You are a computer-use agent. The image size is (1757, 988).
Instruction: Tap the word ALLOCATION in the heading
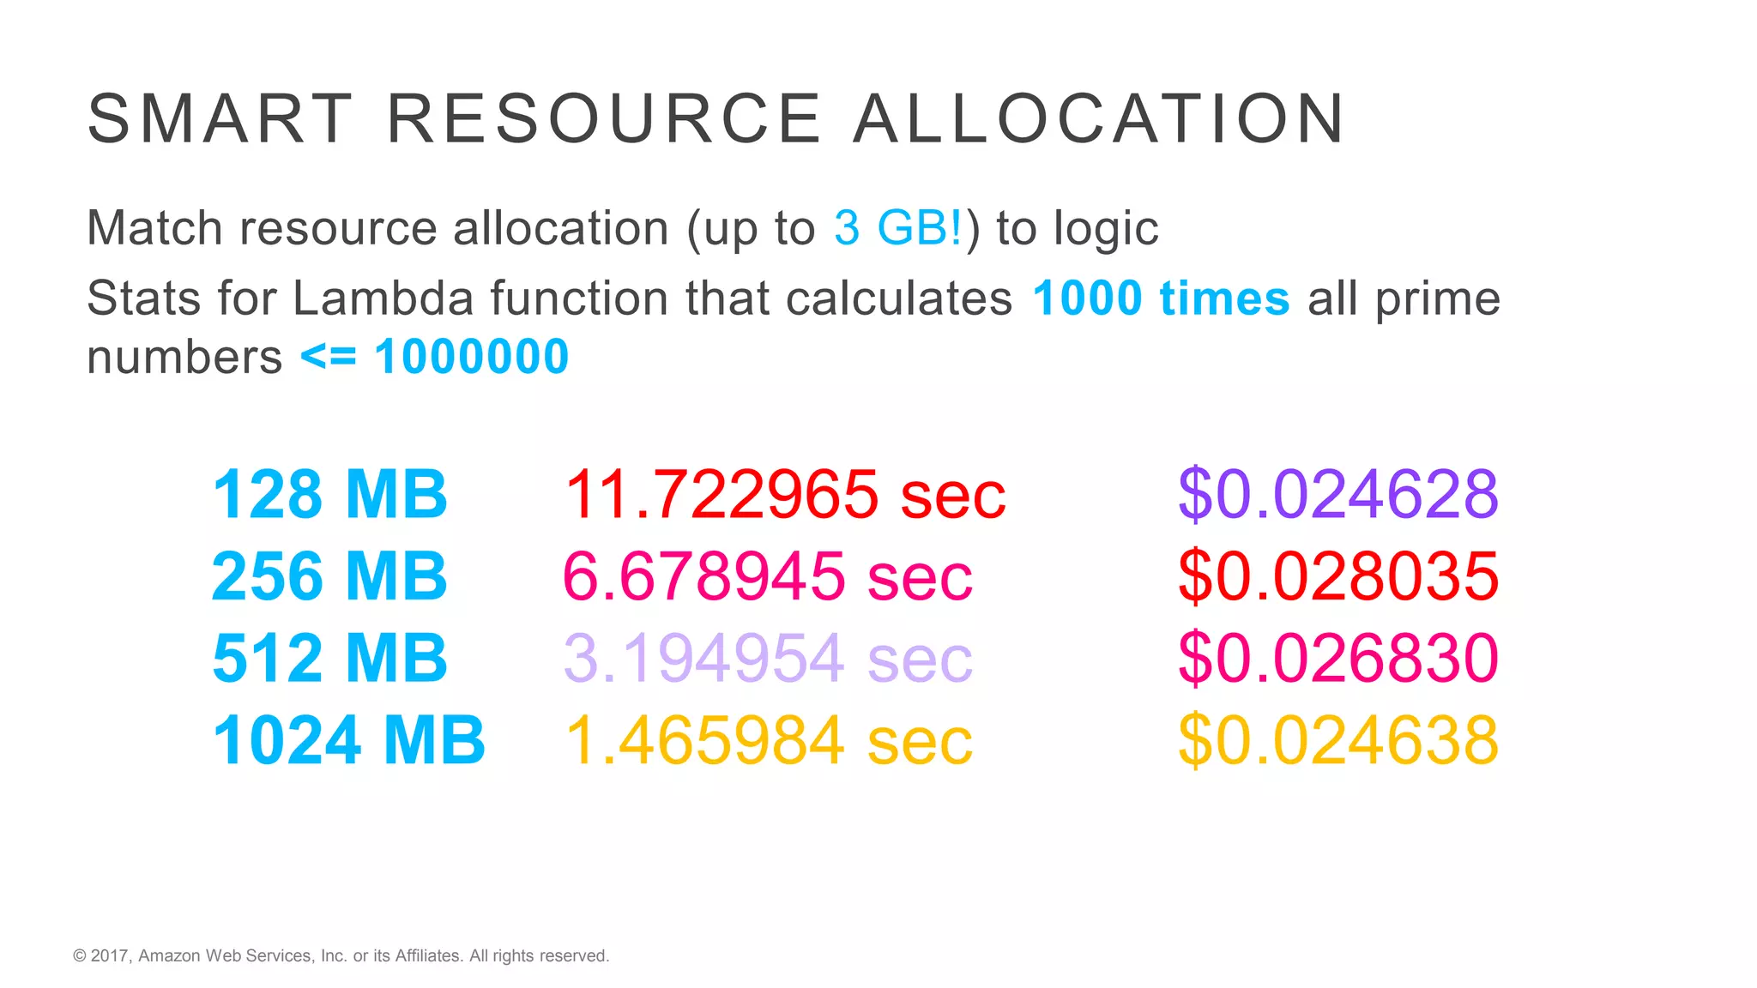click(x=1099, y=118)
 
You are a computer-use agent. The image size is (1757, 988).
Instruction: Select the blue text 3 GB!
click(x=898, y=228)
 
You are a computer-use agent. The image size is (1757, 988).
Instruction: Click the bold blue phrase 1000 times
click(x=1161, y=298)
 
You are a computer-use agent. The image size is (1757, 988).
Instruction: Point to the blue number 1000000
click(x=471, y=357)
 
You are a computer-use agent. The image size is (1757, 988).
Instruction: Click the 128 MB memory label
click(x=329, y=495)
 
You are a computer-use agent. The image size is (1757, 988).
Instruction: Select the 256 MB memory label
click(x=329, y=576)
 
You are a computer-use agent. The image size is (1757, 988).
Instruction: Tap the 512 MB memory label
click(x=329, y=658)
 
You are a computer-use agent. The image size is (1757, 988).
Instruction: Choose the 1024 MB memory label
click(x=348, y=739)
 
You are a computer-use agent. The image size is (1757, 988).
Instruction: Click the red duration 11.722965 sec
click(x=784, y=495)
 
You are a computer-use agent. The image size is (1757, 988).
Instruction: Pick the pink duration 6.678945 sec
click(x=767, y=576)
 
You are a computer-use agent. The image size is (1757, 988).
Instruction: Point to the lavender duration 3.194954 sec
click(x=767, y=658)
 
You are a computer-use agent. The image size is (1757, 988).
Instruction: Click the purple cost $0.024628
click(x=1337, y=495)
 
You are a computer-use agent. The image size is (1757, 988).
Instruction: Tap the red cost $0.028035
click(x=1337, y=576)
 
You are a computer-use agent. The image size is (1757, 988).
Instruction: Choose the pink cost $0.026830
click(x=1337, y=658)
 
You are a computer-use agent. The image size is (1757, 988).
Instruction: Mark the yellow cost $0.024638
click(x=1337, y=739)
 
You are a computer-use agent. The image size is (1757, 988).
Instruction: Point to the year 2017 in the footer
click(x=109, y=955)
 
